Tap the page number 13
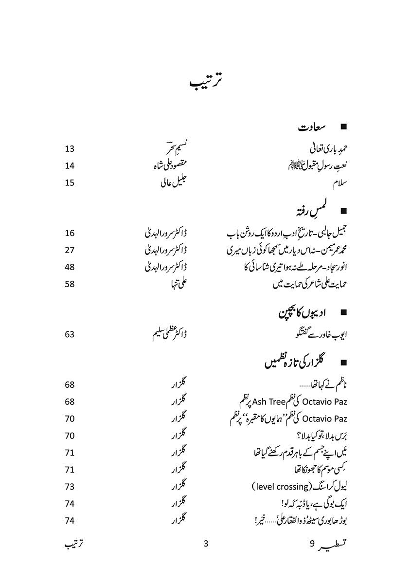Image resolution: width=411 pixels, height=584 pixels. click(70, 148)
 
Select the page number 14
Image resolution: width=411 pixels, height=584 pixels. click(70, 165)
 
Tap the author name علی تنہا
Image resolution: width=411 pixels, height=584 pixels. click(177, 284)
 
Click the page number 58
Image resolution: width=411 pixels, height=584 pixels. click(70, 283)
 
